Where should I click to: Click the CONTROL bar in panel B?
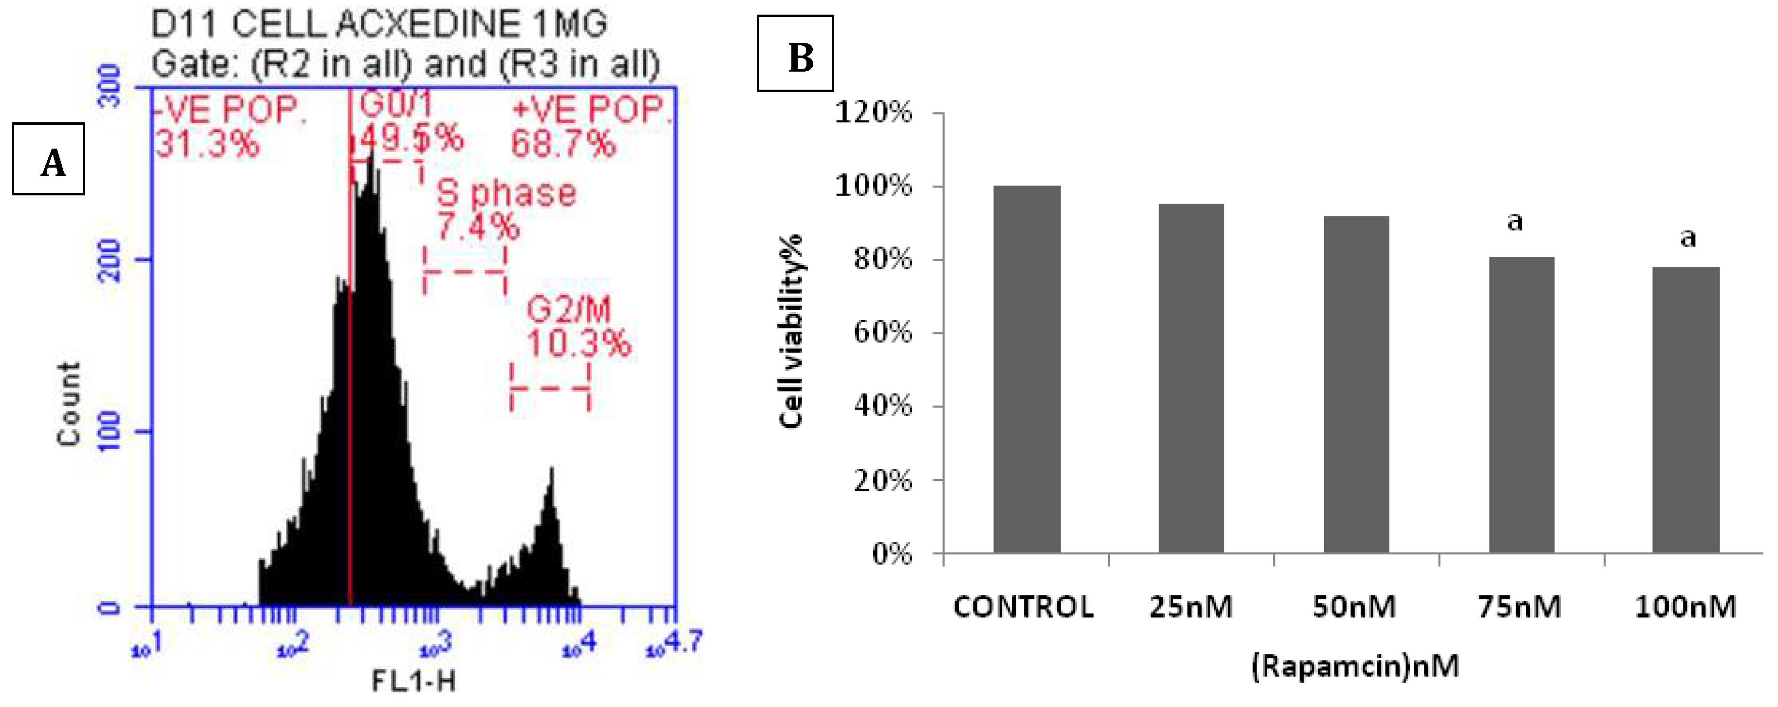[x=1027, y=369]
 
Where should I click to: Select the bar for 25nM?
[x=1191, y=379]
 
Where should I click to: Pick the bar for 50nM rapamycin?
[x=1356, y=384]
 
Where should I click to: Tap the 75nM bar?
[x=1521, y=404]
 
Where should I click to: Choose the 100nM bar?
[x=1685, y=410]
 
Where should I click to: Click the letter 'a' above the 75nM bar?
[x=1515, y=222]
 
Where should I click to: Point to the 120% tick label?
[x=873, y=112]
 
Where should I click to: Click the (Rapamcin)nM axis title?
[x=1355, y=666]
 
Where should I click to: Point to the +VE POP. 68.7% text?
[x=590, y=126]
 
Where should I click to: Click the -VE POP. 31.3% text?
[x=228, y=126]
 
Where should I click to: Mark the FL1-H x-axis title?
[x=413, y=682]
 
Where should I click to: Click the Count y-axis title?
[x=69, y=404]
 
